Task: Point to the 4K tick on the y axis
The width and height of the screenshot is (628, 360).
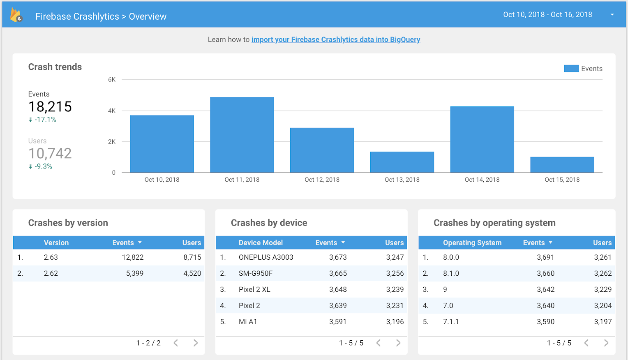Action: (112, 111)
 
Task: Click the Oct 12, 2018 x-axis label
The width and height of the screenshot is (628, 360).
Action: (322, 180)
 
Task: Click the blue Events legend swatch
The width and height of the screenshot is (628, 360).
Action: (571, 69)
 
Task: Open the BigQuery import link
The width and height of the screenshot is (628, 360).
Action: (335, 39)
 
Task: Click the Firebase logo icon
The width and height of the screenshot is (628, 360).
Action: (16, 16)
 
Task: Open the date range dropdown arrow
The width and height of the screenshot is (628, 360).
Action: (612, 15)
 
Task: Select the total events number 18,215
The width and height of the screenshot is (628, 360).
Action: (50, 107)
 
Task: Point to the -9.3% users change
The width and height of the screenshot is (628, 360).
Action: (43, 166)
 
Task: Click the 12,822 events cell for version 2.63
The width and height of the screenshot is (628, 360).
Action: (133, 257)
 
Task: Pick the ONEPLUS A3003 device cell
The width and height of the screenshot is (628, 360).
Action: (266, 257)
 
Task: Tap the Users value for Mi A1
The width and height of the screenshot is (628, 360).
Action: (395, 322)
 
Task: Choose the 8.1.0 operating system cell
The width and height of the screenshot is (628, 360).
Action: (451, 273)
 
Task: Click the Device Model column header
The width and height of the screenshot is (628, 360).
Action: (261, 243)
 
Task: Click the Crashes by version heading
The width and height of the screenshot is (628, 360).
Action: (68, 223)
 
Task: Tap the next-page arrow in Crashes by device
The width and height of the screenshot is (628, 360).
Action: (398, 343)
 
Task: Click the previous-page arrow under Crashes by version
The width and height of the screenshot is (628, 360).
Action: (176, 343)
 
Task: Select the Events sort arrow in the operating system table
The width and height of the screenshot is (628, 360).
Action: (550, 243)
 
